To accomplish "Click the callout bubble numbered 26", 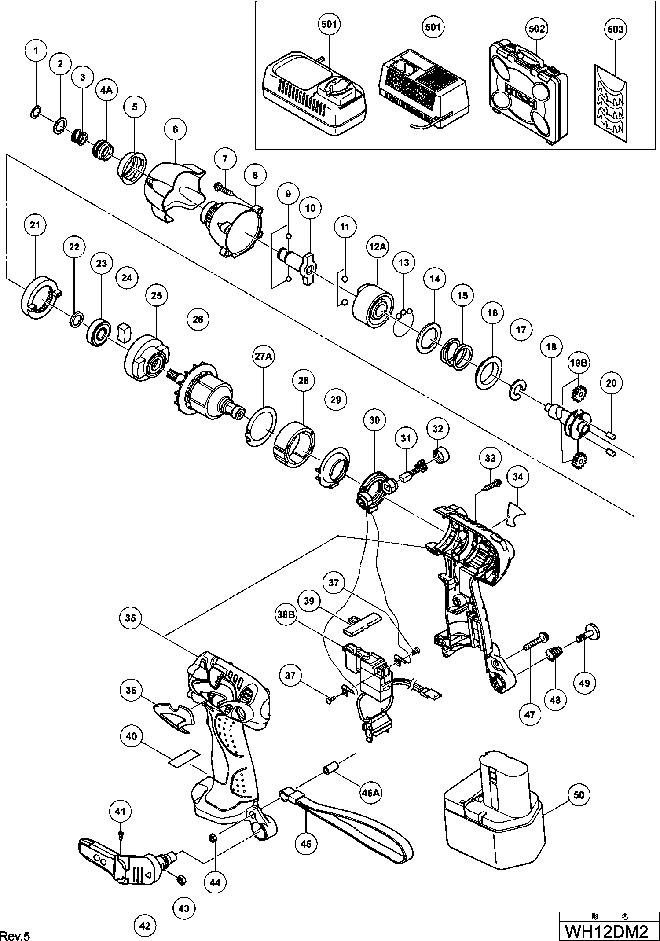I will (x=198, y=319).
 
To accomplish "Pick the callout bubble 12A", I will (x=377, y=247).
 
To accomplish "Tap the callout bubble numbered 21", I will (x=35, y=225).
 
